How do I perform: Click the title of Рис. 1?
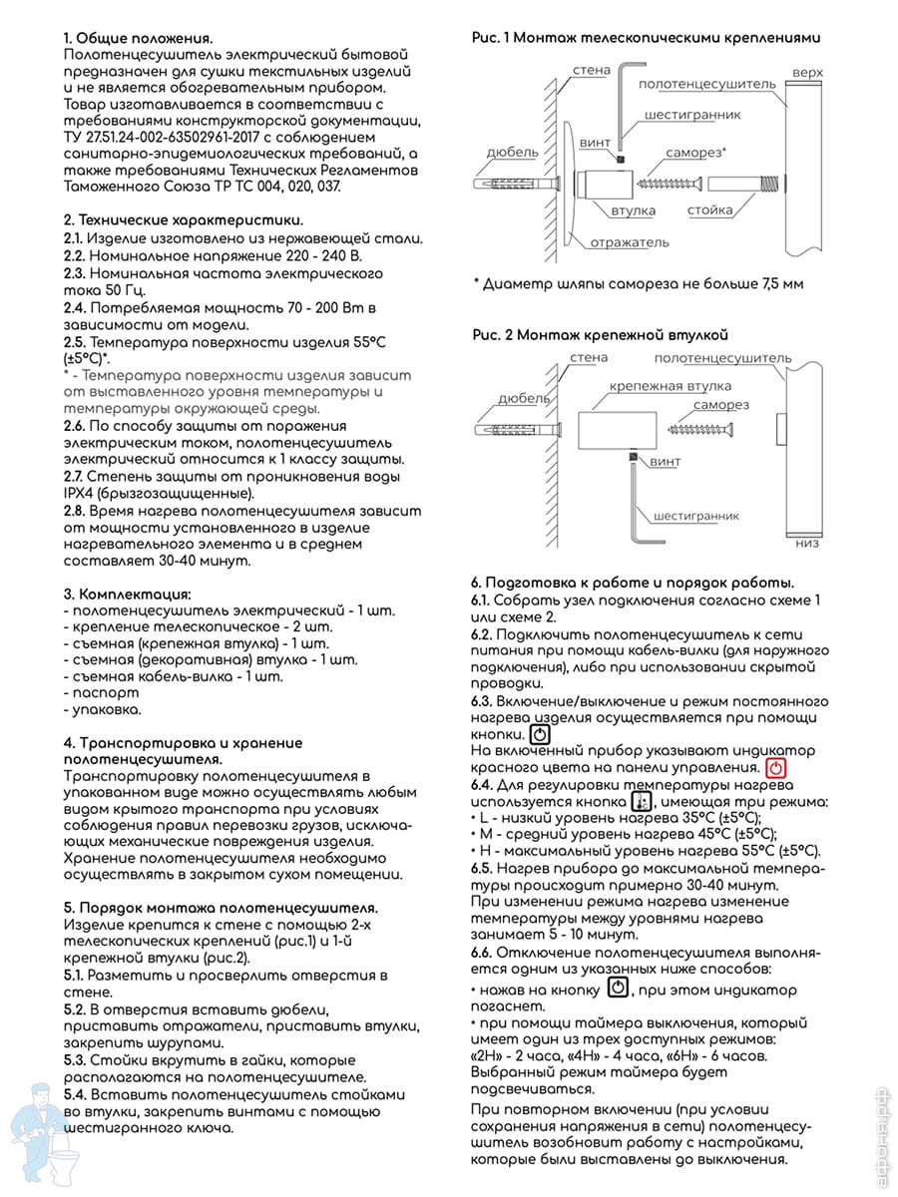tap(646, 37)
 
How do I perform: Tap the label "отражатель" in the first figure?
tap(629, 242)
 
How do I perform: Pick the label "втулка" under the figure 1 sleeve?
tap(633, 210)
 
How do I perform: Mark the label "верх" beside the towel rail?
tap(806, 75)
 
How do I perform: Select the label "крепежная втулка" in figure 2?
tap(670, 386)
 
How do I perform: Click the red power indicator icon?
tap(777, 768)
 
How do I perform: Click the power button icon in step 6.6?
tap(618, 989)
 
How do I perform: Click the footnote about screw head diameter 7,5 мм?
tap(638, 283)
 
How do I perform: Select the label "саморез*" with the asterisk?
tap(695, 153)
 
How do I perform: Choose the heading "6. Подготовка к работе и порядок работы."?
tap(633, 582)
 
